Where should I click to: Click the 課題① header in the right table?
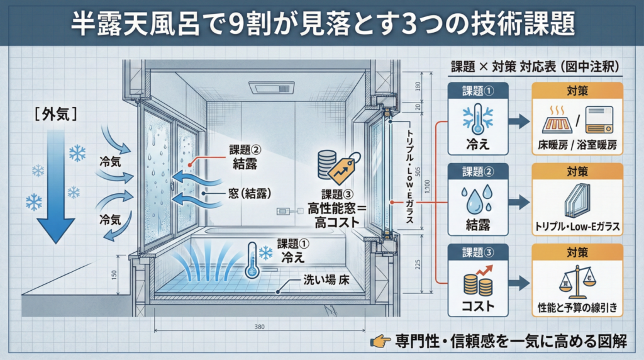(479, 89)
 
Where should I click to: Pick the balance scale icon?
(576, 279)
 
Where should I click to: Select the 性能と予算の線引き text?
(577, 308)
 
